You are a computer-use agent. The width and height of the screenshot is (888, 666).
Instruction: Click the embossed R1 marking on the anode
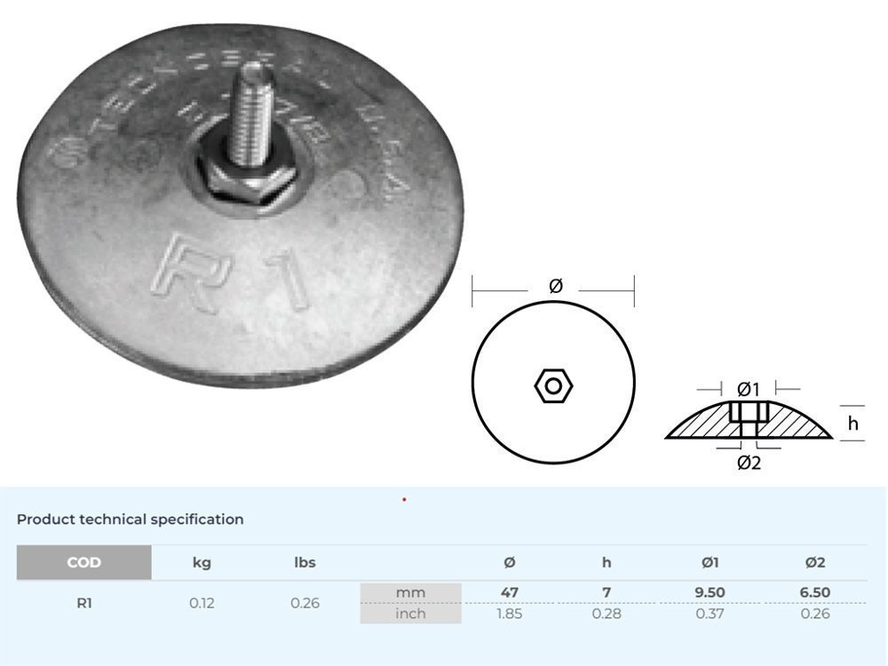click(x=233, y=274)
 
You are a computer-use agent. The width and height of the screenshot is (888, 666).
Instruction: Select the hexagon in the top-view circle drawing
click(x=553, y=385)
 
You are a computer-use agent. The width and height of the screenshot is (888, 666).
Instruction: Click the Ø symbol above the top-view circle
click(x=555, y=285)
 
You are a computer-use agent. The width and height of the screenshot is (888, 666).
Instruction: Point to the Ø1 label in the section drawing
click(x=749, y=389)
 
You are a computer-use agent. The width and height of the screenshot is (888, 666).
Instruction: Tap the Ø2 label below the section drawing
click(x=749, y=463)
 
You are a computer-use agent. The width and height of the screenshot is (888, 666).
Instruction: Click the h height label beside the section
click(x=853, y=424)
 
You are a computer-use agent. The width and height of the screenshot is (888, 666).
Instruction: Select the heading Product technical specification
click(x=130, y=519)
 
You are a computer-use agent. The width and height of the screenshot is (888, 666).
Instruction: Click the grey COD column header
click(x=84, y=562)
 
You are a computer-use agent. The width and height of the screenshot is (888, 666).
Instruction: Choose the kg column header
click(x=202, y=562)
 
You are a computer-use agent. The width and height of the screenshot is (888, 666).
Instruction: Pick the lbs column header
click(x=305, y=562)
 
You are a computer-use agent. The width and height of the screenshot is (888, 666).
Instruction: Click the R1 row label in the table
click(x=84, y=603)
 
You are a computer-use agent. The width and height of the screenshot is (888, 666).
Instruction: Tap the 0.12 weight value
click(x=202, y=603)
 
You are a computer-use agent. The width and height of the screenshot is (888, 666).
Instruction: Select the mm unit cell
click(x=410, y=592)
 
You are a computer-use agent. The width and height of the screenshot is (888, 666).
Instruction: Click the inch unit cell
click(x=410, y=614)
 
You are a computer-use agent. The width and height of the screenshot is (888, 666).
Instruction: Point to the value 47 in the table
click(x=510, y=592)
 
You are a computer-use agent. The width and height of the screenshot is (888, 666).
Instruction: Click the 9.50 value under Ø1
click(x=710, y=592)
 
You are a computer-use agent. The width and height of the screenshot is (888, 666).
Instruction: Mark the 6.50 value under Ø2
click(x=814, y=592)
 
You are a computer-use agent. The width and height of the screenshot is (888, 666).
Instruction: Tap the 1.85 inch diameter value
click(x=510, y=614)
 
